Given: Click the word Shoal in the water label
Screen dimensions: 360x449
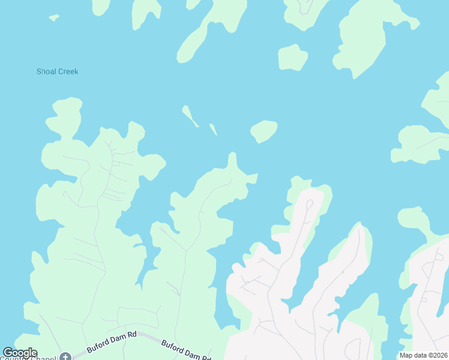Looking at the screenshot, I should click(46, 72).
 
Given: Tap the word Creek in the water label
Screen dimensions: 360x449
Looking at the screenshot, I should click(68, 72).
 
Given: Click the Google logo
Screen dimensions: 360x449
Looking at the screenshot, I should click(19, 353).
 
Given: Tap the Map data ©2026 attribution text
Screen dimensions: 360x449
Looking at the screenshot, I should click(423, 355).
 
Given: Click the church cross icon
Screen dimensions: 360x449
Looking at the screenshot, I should click(65, 357).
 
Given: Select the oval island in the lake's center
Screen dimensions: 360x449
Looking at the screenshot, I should click(264, 131).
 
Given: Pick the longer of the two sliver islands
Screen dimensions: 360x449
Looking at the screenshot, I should click(190, 116).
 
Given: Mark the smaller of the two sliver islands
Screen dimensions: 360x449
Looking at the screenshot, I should click(212, 128).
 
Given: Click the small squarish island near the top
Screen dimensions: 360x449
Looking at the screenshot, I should click(293, 58).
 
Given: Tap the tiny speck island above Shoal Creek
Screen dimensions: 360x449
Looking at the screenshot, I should click(54, 18).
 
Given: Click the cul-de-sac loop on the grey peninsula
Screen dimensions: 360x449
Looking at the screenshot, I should click(309, 204).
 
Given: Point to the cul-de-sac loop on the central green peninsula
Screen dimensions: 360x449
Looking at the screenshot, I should click(161, 228).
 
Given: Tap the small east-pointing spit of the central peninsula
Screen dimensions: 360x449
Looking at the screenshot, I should click(253, 178).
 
